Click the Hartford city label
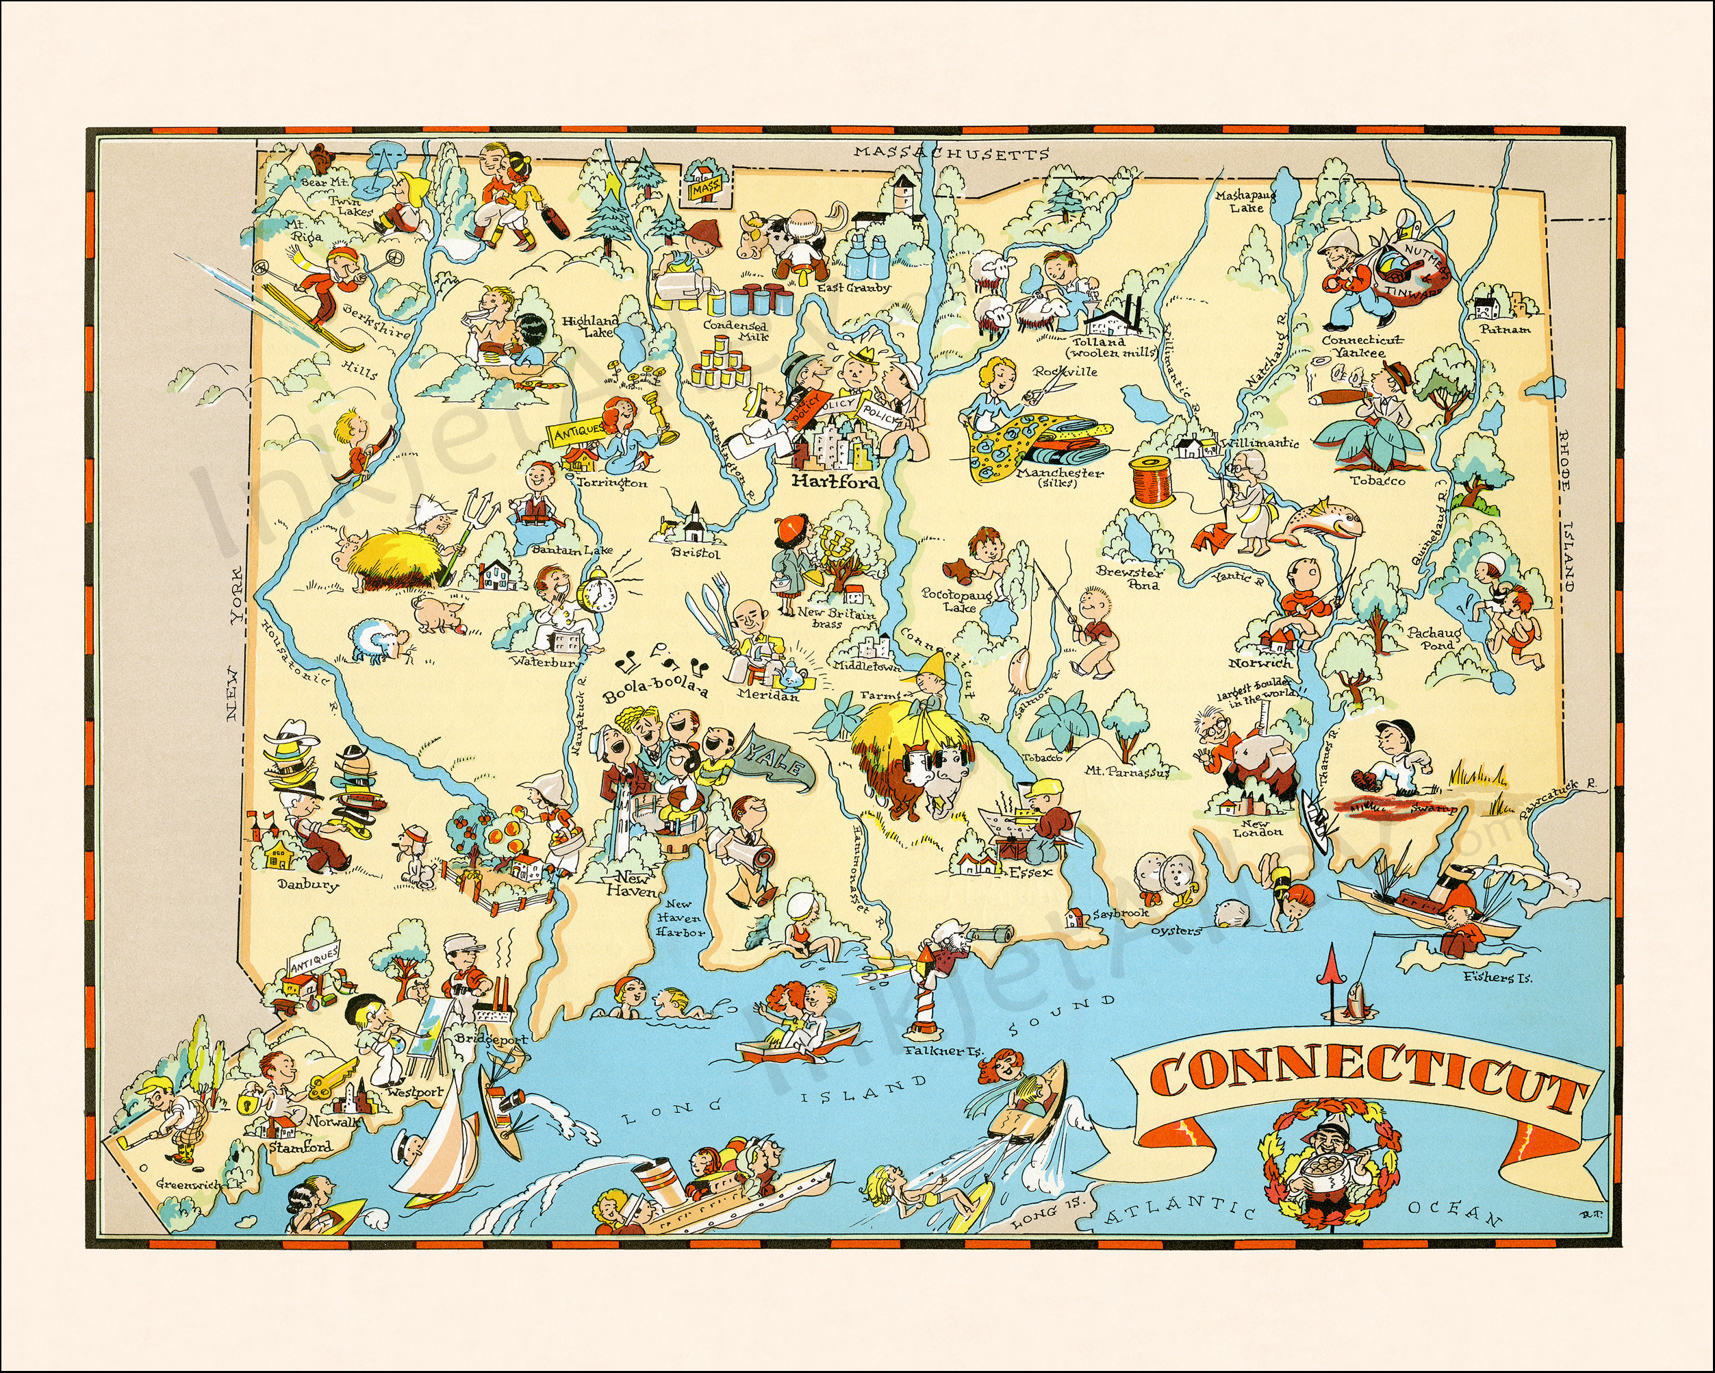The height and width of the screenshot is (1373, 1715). [x=835, y=482]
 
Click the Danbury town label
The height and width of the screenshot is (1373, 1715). [x=308, y=884]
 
